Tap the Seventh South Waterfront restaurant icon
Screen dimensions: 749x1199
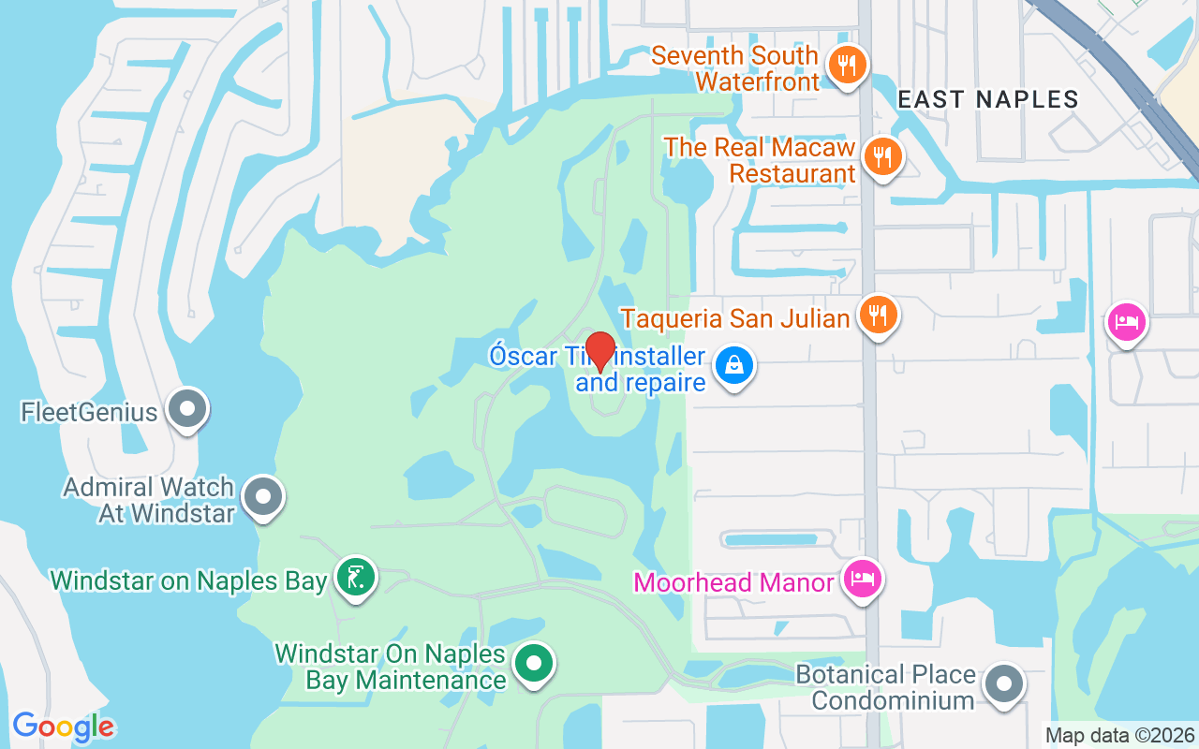coord(847,66)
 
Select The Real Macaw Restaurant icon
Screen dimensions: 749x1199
coord(881,156)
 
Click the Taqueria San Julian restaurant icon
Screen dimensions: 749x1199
coord(877,316)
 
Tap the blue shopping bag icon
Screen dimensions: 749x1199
coord(734,366)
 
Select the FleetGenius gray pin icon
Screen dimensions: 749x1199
coord(187,409)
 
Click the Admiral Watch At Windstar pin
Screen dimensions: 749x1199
coord(263,497)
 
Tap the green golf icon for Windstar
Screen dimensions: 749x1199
coord(355,578)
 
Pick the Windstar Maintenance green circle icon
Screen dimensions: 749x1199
coord(534,664)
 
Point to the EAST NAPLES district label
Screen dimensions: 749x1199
coord(988,99)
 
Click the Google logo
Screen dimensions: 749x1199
coord(64,727)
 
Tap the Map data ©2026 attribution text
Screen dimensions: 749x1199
coord(1119,735)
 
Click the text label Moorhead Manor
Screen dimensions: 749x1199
coord(733,582)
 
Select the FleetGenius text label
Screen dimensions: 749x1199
coord(89,412)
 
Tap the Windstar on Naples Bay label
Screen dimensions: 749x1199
coord(189,580)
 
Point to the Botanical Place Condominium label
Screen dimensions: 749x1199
coord(885,687)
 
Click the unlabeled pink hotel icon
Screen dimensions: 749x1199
coord(1126,323)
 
